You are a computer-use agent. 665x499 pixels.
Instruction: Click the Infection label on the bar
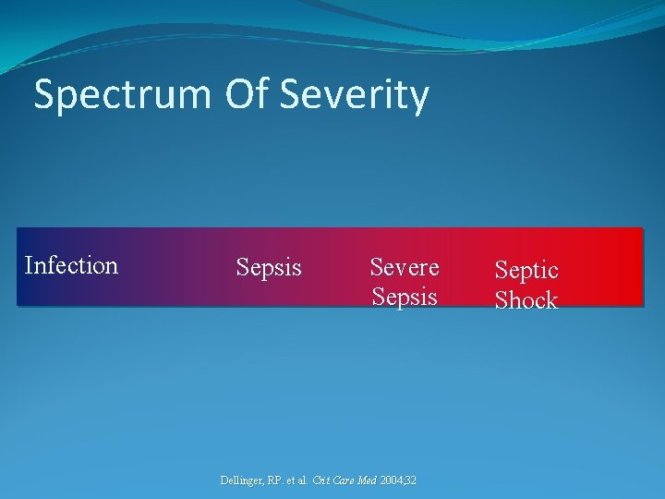pos(71,265)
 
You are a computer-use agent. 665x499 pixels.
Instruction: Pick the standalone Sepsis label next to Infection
pos(269,268)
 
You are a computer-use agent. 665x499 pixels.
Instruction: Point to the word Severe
pos(405,267)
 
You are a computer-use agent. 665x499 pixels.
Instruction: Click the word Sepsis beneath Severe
pos(405,297)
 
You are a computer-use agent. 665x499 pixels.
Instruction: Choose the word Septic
pos(526,270)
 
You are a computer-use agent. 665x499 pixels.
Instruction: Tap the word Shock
pos(526,300)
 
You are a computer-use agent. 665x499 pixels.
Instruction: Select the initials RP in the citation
pos(279,481)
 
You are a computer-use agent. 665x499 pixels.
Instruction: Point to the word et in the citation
pos(296,481)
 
